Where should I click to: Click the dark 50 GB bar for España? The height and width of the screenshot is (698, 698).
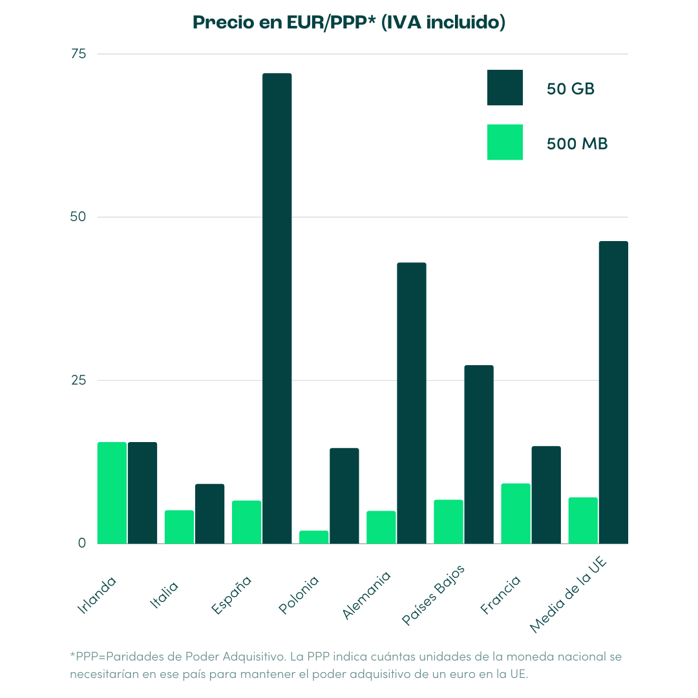click(x=277, y=308)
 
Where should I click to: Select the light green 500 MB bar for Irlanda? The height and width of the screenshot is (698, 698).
click(x=112, y=492)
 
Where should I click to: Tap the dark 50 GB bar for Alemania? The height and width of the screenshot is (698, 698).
click(x=412, y=403)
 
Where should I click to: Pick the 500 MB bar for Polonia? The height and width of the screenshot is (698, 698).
click(x=313, y=537)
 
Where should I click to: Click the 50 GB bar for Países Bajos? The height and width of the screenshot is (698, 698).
click(x=479, y=454)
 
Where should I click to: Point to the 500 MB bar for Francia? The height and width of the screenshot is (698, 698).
click(x=516, y=513)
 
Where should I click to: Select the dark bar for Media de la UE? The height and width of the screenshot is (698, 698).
click(x=613, y=392)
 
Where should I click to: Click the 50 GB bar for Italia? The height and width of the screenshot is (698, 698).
click(x=209, y=514)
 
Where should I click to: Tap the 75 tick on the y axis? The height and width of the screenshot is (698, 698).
click(x=78, y=54)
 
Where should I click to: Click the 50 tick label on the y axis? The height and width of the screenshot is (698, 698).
click(x=78, y=217)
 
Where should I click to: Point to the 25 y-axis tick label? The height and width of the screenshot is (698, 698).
click(x=78, y=380)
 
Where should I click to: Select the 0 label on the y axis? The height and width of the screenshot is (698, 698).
click(x=82, y=543)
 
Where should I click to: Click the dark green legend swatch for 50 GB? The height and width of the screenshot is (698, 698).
click(x=505, y=87)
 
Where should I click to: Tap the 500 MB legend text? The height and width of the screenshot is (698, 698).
click(x=577, y=143)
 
